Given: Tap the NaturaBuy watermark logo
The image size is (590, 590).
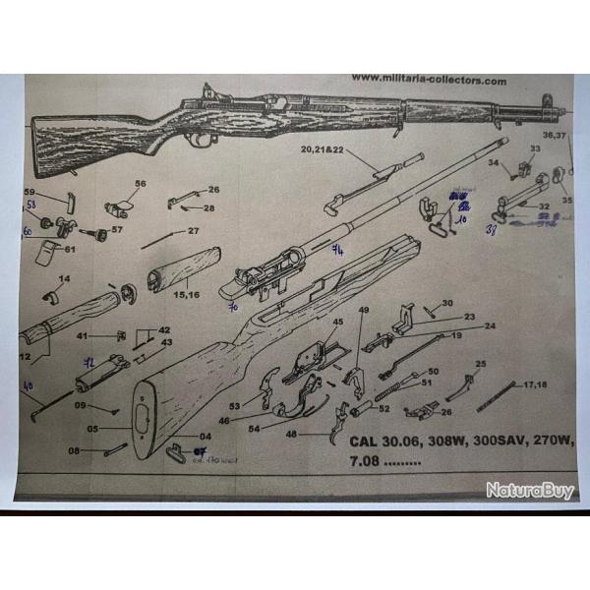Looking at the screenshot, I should [530, 490].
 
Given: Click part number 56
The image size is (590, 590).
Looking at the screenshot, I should [140, 184].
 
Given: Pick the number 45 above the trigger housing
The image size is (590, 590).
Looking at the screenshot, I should [337, 322].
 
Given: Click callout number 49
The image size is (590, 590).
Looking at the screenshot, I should [363, 312].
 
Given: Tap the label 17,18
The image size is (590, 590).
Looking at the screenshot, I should [536, 383].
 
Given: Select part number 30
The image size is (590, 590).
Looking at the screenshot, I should [446, 303].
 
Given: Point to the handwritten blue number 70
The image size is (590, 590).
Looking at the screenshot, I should [235, 307].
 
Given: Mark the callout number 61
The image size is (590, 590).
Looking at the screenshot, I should [69, 249].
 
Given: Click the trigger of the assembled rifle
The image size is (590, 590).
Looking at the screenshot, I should [203, 139].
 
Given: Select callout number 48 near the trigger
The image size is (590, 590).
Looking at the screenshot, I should [290, 434].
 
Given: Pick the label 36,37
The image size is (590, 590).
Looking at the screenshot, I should [555, 135].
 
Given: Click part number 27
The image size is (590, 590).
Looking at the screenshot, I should [194, 231].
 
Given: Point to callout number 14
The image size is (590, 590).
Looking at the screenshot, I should [65, 279].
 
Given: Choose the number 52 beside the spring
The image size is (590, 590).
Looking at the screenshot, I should [383, 408].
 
